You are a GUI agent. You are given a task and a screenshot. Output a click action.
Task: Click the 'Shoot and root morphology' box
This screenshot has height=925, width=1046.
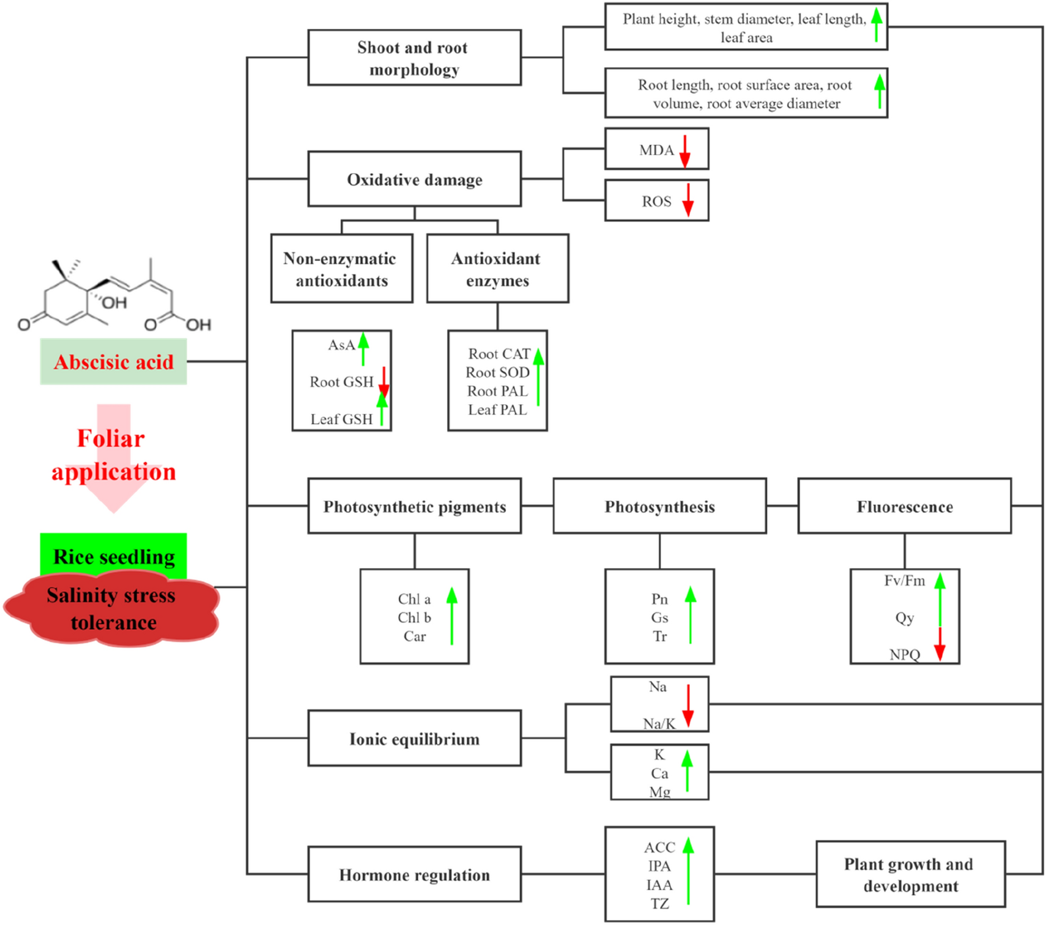pyautogui.click(x=414, y=57)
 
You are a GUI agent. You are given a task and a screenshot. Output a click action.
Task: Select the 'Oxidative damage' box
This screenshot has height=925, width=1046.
pyautogui.click(x=414, y=179)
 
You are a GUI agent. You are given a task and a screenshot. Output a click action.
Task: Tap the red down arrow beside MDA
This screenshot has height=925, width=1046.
pyautogui.click(x=685, y=151)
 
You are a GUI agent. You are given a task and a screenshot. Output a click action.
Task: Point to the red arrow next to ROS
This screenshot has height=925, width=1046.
pyautogui.click(x=688, y=200)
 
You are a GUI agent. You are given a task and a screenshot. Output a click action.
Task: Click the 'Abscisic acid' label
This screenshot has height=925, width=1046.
pyautogui.click(x=114, y=362)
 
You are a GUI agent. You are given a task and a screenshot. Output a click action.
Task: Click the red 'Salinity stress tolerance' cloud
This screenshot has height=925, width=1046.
pyautogui.click(x=111, y=608)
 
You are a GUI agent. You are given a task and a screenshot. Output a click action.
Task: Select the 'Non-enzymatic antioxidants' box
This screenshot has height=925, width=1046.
pyautogui.click(x=341, y=268)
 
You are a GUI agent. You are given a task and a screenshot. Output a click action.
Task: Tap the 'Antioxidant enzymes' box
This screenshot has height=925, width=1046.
pyautogui.click(x=497, y=268)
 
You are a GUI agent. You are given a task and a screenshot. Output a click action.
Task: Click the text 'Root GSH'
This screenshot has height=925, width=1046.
pyautogui.click(x=341, y=382)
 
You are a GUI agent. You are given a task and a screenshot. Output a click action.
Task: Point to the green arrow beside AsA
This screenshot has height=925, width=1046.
pyautogui.click(x=363, y=348)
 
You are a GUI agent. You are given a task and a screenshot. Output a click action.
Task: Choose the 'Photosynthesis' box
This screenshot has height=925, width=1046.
pyautogui.click(x=659, y=506)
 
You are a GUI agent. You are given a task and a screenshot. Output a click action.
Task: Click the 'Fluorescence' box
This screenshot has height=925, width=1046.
pyautogui.click(x=904, y=506)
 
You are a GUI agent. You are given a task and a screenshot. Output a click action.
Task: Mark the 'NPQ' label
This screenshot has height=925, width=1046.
pyautogui.click(x=904, y=655)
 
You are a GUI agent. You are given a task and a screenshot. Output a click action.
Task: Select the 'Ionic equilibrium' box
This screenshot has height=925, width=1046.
pyautogui.click(x=414, y=739)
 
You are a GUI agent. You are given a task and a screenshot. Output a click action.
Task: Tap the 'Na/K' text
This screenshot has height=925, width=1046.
pyautogui.click(x=659, y=724)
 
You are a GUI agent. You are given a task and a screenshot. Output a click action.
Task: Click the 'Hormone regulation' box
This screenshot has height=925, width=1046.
pyautogui.click(x=414, y=874)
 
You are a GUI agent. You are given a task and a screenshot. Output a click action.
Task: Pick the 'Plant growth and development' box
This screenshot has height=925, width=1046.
pyautogui.click(x=910, y=874)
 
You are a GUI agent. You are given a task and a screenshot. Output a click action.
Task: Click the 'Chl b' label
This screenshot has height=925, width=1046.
pyautogui.click(x=414, y=617)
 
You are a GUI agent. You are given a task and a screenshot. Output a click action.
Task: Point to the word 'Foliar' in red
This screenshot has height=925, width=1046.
pyautogui.click(x=111, y=438)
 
